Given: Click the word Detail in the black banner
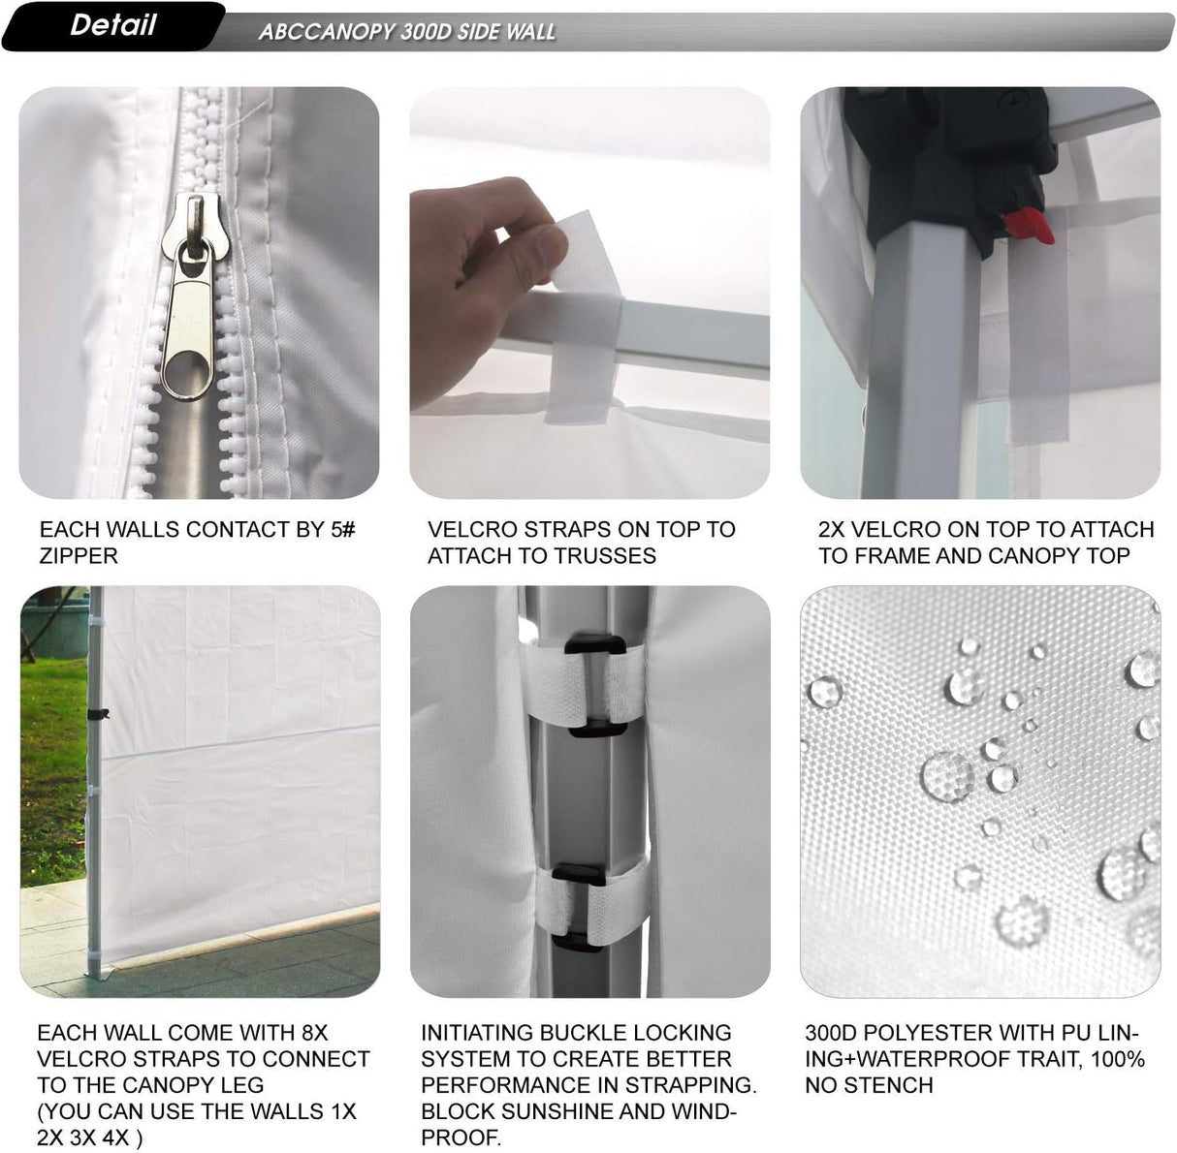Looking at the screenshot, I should pos(112,25).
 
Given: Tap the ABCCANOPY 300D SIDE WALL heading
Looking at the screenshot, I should pos(406,32).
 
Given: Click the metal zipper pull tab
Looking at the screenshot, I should pos(190,320).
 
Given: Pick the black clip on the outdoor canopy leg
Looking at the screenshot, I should pos(96,715).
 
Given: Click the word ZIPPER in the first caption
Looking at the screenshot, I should pos(79,556).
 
